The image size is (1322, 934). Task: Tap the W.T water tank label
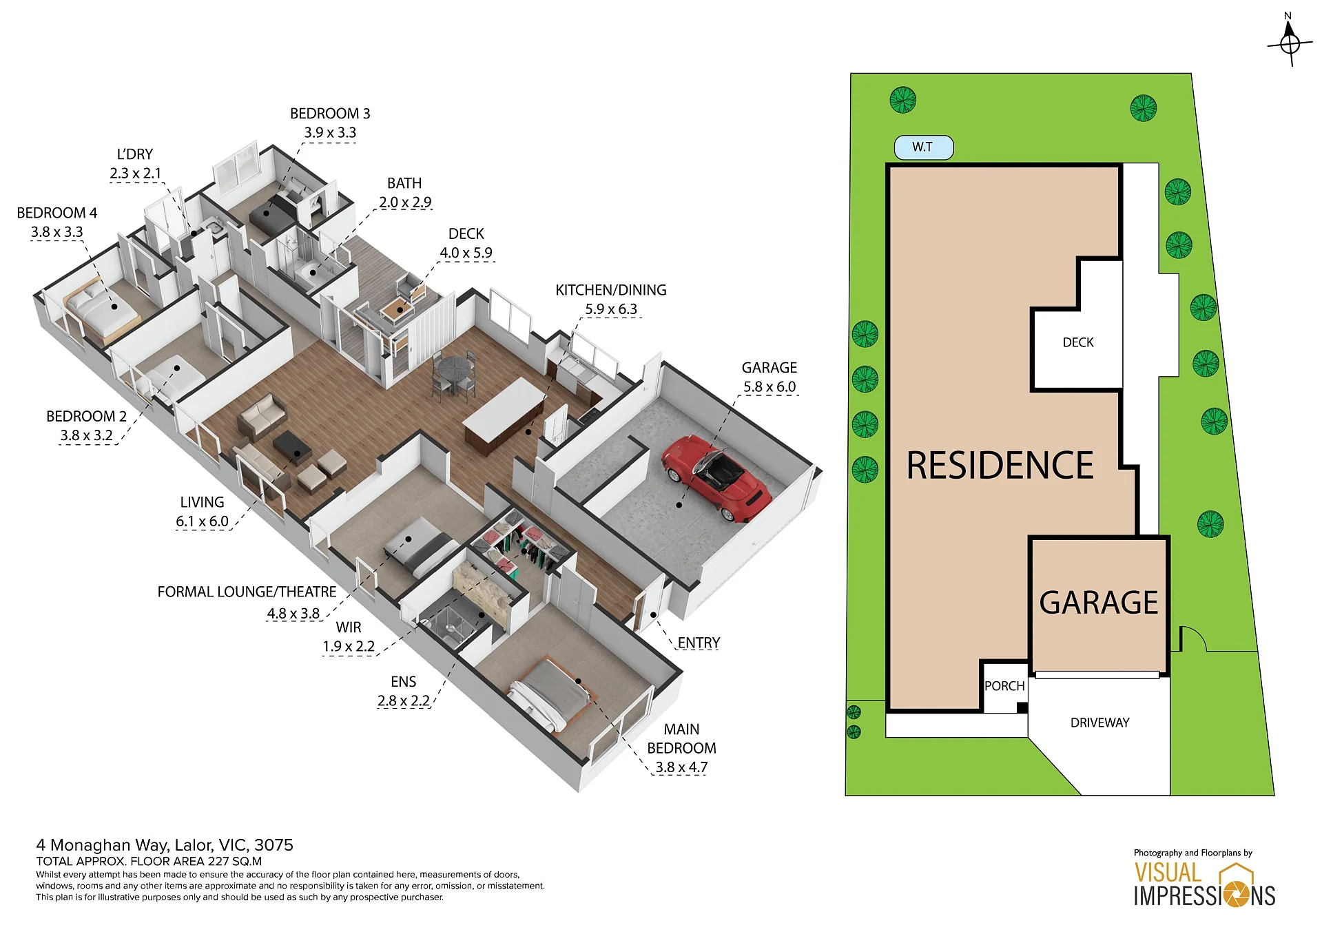pos(922,147)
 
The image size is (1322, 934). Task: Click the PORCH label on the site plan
pos(1004,686)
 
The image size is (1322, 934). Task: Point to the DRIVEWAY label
pos(1099,723)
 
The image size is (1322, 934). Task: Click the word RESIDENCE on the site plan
pos(1000,466)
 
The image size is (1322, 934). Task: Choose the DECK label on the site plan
pos(1078,342)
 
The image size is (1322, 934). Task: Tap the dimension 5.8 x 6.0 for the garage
pos(770,387)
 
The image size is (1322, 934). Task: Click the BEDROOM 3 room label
pos(330,114)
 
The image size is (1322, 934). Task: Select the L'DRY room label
pos(135,154)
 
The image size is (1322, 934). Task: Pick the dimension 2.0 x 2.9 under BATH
pos(405,203)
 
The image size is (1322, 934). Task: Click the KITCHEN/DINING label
pos(611,290)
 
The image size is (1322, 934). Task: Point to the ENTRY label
pos(699,643)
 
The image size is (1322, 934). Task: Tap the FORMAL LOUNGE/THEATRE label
pos(247,592)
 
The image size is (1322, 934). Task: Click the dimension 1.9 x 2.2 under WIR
pos(349,647)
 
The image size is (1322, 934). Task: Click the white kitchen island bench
pos(504,406)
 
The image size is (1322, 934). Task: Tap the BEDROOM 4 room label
pos(57,213)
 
